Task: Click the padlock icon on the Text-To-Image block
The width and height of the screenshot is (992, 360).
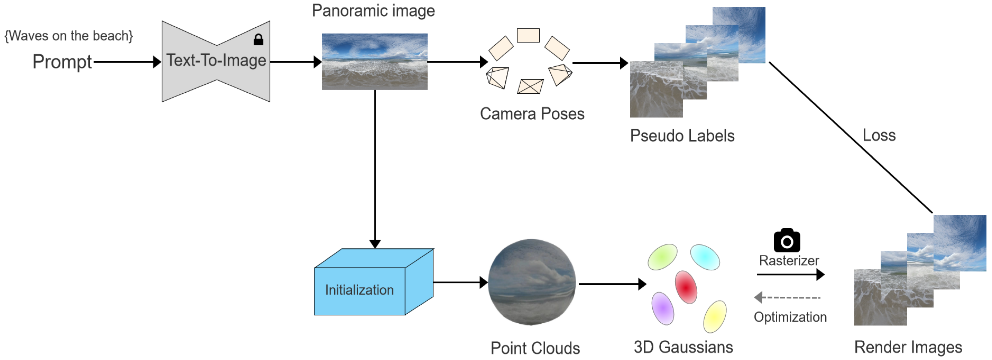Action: [258, 39]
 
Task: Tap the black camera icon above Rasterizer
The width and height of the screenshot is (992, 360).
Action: [787, 240]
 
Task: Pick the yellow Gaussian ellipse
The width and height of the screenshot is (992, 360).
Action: [715, 316]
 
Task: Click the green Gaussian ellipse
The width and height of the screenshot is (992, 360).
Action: [662, 257]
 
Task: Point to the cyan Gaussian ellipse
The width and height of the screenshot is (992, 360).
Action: [705, 257]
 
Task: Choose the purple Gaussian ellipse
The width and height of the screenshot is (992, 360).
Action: [663, 308]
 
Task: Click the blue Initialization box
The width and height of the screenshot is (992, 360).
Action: [359, 291]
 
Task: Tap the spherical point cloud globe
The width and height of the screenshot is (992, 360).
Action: [532, 282]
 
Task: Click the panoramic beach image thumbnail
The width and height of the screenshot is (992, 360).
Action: [374, 62]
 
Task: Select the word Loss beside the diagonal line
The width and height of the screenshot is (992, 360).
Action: [879, 135]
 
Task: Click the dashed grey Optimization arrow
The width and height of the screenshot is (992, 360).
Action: [787, 298]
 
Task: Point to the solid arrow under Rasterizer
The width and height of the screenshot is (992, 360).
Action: [790, 275]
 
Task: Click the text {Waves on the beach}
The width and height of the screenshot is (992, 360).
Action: [68, 36]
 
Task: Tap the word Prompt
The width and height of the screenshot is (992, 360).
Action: [62, 62]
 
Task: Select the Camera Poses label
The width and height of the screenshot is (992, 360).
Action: [532, 113]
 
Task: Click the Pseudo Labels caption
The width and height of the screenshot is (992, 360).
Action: [682, 136]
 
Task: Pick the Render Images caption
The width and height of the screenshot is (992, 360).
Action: [908, 347]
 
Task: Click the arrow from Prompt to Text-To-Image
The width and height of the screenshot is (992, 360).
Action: [127, 62]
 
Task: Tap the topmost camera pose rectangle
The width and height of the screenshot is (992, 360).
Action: [528, 35]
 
